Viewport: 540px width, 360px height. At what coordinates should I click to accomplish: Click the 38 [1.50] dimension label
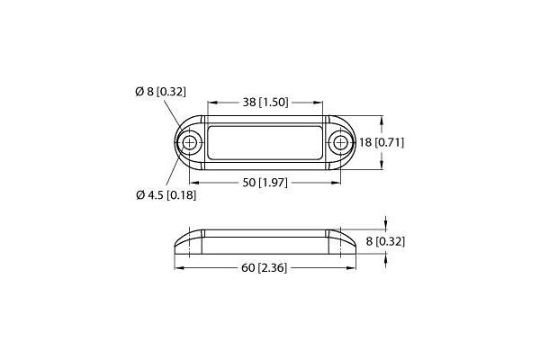pyautogui.click(x=264, y=102)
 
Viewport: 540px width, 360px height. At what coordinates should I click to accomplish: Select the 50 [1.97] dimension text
pyautogui.click(x=264, y=184)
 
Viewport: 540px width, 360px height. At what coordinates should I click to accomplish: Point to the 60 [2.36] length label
pyautogui.click(x=264, y=266)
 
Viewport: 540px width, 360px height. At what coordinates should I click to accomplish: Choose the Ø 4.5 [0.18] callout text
pyautogui.click(x=165, y=194)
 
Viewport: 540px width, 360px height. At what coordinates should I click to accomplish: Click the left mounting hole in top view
pyautogui.click(x=189, y=143)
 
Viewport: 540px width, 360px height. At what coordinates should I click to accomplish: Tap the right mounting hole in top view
pyautogui.click(x=339, y=143)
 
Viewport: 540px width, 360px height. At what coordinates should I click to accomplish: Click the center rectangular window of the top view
pyautogui.click(x=264, y=143)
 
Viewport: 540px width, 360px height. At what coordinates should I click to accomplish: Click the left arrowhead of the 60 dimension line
pyautogui.click(x=177, y=266)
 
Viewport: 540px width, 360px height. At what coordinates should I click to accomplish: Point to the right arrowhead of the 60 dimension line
pyautogui.click(x=352, y=266)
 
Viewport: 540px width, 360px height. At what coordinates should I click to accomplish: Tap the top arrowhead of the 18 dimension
pyautogui.click(x=383, y=120)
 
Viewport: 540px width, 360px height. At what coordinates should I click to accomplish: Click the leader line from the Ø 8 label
pyautogui.click(x=174, y=115)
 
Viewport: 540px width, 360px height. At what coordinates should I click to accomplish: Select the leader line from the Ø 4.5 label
pyautogui.click(x=175, y=171)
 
